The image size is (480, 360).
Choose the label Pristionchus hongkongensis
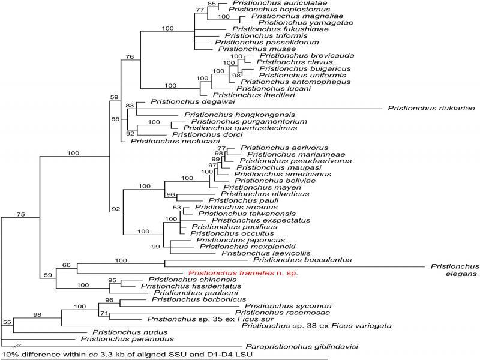point(231,115)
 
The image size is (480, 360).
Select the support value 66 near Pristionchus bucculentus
point(66,265)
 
